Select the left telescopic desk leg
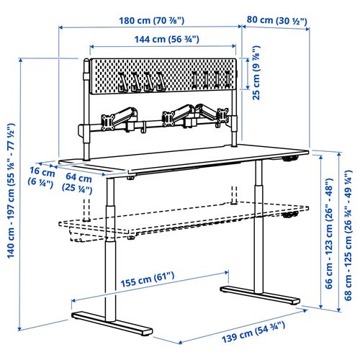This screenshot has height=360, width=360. (x=108, y=245)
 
